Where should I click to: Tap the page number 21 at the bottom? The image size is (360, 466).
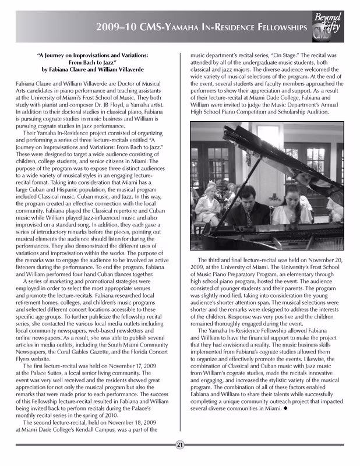pyautogui.click(x=180, y=445)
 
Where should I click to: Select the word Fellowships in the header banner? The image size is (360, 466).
pyautogui.click(x=274, y=27)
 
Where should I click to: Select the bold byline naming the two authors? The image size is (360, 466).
pyautogui.click(x=93, y=69)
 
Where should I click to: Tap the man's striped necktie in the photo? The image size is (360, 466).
pyautogui.click(x=249, y=217)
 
